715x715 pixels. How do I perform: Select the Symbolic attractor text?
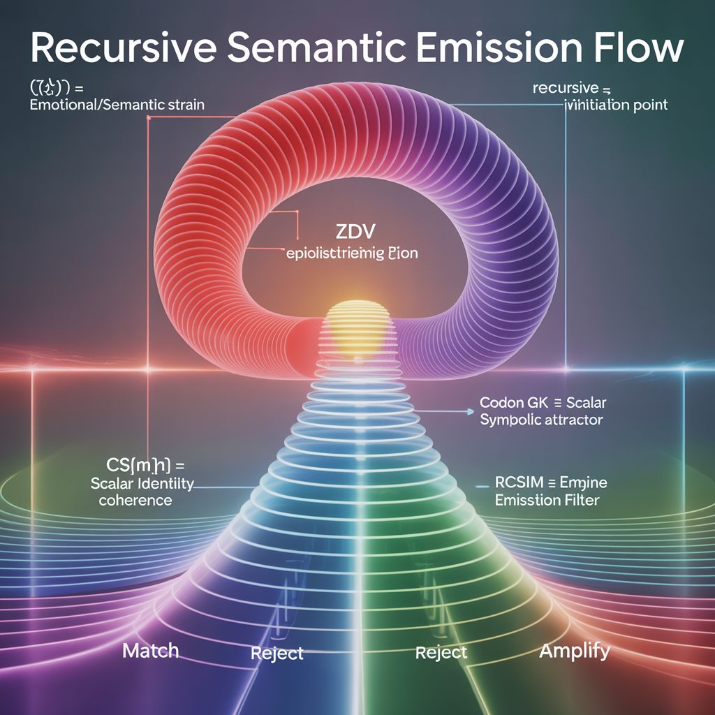(542, 420)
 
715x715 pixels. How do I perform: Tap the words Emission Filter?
(547, 500)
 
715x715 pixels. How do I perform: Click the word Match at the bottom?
(150, 651)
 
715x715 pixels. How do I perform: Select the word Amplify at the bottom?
(575, 651)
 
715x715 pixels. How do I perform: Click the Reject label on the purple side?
(277, 654)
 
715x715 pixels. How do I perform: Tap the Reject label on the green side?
(441, 652)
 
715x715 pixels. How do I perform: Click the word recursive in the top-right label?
(566, 89)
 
